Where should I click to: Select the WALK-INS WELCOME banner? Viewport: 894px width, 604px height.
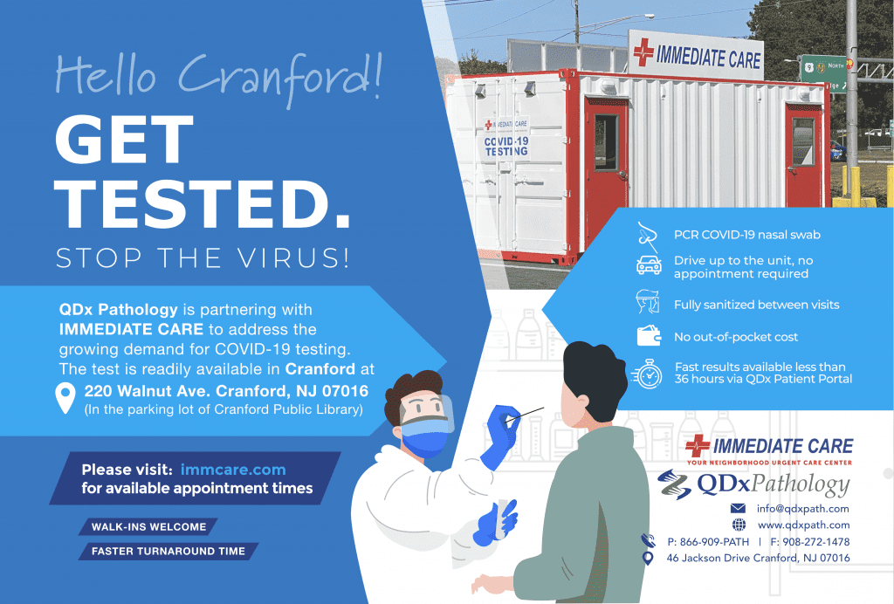(x=148, y=527)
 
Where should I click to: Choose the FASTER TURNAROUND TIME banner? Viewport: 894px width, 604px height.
(x=168, y=552)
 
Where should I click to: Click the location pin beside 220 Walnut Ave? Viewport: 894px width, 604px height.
(x=65, y=397)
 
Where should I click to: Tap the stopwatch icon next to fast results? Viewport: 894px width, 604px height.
(x=648, y=373)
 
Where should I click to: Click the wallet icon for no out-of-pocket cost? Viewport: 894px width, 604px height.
(x=647, y=336)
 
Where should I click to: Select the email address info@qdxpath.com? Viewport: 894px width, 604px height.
(x=802, y=508)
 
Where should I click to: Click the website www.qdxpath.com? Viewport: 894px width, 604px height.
(x=803, y=525)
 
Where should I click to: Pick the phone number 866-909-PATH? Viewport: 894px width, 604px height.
(x=708, y=542)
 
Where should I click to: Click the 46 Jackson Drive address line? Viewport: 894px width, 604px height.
(x=758, y=558)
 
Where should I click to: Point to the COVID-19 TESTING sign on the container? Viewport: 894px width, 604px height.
(x=506, y=146)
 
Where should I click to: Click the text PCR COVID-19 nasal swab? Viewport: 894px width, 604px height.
(x=746, y=235)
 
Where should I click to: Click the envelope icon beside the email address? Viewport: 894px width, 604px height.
(x=739, y=508)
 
